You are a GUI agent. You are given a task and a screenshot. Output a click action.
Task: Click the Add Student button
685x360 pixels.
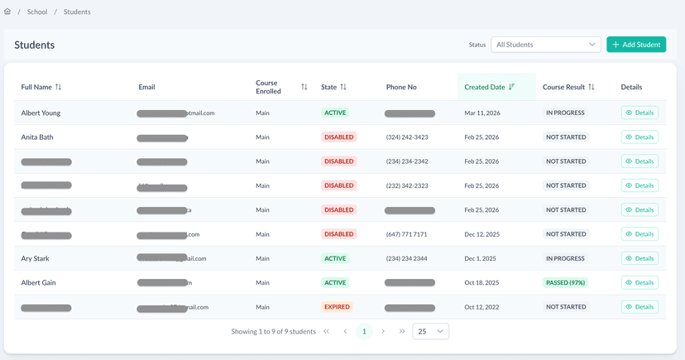pyautogui.click(x=636, y=45)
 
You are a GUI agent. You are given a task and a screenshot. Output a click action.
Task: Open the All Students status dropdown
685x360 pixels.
pyautogui.click(x=546, y=45)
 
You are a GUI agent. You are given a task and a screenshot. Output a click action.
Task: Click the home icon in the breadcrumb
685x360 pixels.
pyautogui.click(x=8, y=12)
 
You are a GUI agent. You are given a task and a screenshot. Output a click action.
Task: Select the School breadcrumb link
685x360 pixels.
pyautogui.click(x=37, y=12)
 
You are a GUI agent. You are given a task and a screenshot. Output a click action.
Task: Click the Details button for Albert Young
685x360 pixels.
pyautogui.click(x=639, y=113)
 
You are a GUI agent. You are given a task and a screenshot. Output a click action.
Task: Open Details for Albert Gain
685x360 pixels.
pyautogui.click(x=639, y=283)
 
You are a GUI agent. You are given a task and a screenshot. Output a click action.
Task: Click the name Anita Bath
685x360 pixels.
pyautogui.click(x=37, y=137)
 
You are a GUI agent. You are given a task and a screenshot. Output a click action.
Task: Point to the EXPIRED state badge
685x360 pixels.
pyautogui.click(x=337, y=307)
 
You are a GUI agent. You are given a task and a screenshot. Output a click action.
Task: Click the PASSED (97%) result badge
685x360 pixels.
pyautogui.click(x=566, y=283)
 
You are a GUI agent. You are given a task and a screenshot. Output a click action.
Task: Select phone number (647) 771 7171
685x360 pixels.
pyautogui.click(x=406, y=234)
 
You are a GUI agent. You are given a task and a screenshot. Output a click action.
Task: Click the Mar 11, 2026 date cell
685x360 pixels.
pyautogui.click(x=481, y=113)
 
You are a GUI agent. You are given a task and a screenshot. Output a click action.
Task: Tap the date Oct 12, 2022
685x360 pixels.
pyautogui.click(x=481, y=307)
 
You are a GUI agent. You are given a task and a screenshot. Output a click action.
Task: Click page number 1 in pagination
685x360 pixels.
pyautogui.click(x=364, y=332)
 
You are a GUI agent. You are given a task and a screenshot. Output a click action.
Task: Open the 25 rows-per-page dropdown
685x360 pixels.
pyautogui.click(x=430, y=332)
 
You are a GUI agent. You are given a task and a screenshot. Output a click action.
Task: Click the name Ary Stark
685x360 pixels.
pyautogui.click(x=36, y=258)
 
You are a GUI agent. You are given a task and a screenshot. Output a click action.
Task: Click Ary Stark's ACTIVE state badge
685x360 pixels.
pyautogui.click(x=335, y=258)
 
